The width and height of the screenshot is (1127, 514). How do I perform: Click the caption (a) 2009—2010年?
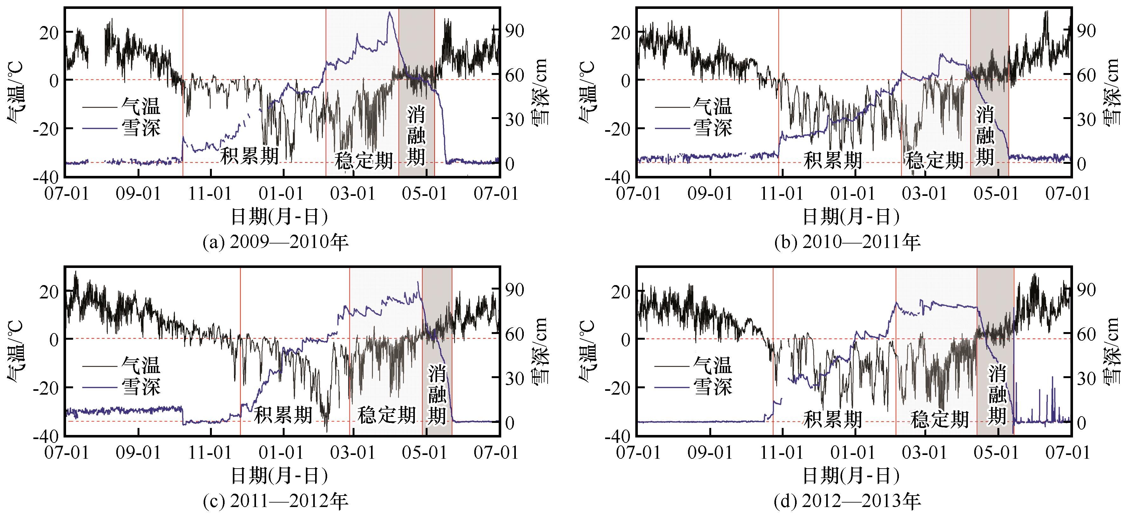pos(276,242)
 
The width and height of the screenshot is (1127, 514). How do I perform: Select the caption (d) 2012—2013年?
pos(847,501)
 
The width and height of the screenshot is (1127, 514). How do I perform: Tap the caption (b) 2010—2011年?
pos(847,242)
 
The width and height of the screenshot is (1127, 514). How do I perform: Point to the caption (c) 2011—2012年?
pos(276,501)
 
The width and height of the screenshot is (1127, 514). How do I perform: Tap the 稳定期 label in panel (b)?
pos(934,160)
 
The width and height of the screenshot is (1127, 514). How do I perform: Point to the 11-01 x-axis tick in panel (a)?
pos(210,193)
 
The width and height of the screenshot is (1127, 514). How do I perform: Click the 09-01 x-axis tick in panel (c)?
pos(138,452)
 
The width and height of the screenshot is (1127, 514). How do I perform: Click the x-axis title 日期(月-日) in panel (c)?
pos(279,476)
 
